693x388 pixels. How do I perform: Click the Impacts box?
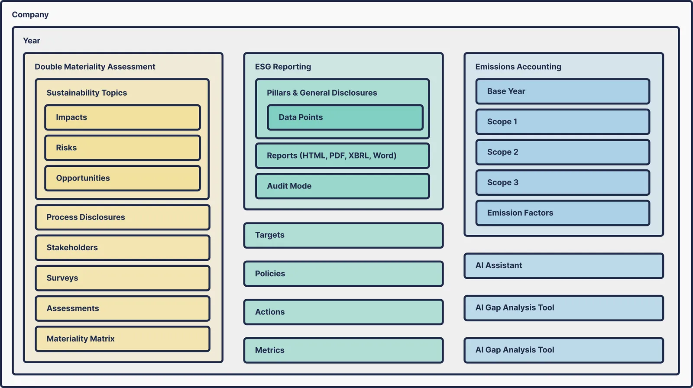point(123,117)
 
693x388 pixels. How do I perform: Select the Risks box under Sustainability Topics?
point(123,148)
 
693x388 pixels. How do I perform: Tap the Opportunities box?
point(123,178)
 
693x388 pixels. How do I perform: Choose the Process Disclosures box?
point(123,217)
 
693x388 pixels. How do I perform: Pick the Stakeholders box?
point(123,248)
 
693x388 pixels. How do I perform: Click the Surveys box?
point(123,278)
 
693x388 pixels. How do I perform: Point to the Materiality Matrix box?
point(123,339)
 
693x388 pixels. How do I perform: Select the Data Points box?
point(345,117)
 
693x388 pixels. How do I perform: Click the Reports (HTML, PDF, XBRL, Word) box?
point(343,155)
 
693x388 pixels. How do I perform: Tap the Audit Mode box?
point(343,186)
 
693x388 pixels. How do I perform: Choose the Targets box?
point(343,235)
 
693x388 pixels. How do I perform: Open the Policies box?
point(343,274)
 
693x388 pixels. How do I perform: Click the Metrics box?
point(343,350)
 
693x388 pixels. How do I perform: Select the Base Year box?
point(563,91)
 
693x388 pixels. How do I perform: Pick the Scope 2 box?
point(563,152)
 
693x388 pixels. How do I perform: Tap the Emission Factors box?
point(563,213)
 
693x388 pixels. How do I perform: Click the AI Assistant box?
point(563,266)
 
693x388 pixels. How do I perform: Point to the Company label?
point(30,15)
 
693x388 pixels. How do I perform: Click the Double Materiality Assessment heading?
point(95,67)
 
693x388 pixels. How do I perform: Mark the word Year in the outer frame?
point(32,41)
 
